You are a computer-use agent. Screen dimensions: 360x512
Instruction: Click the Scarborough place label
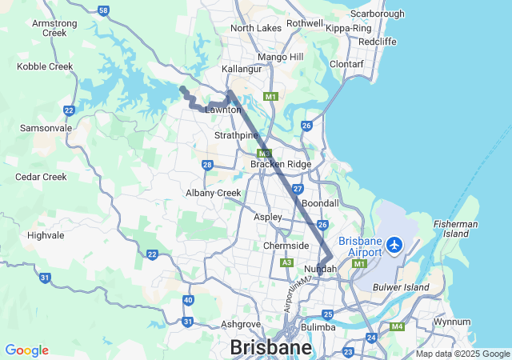tap(377, 14)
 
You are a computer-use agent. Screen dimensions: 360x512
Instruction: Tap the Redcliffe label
tap(378, 41)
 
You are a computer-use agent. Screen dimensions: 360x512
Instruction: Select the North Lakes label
tap(256, 28)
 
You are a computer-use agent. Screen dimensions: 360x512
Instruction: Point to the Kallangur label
tap(242, 70)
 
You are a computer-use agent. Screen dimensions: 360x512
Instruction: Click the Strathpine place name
tap(234, 136)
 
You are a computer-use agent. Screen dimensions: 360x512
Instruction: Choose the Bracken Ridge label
tap(280, 164)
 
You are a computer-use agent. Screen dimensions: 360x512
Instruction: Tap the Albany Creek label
tap(213, 193)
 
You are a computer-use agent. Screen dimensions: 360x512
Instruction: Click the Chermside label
tap(286, 246)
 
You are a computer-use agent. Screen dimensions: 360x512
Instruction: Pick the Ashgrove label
tap(241, 324)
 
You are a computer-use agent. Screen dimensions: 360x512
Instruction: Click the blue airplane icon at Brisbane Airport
tap(394, 243)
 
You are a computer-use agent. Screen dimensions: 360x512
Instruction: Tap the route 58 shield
tap(103, 10)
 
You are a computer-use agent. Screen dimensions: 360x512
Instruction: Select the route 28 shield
tap(207, 166)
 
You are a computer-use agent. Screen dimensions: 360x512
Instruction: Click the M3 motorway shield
tap(265, 153)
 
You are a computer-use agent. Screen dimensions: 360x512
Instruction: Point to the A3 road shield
tap(287, 262)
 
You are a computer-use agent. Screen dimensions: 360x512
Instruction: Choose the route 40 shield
tap(188, 300)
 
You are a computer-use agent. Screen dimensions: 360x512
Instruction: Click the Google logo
tap(26, 350)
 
